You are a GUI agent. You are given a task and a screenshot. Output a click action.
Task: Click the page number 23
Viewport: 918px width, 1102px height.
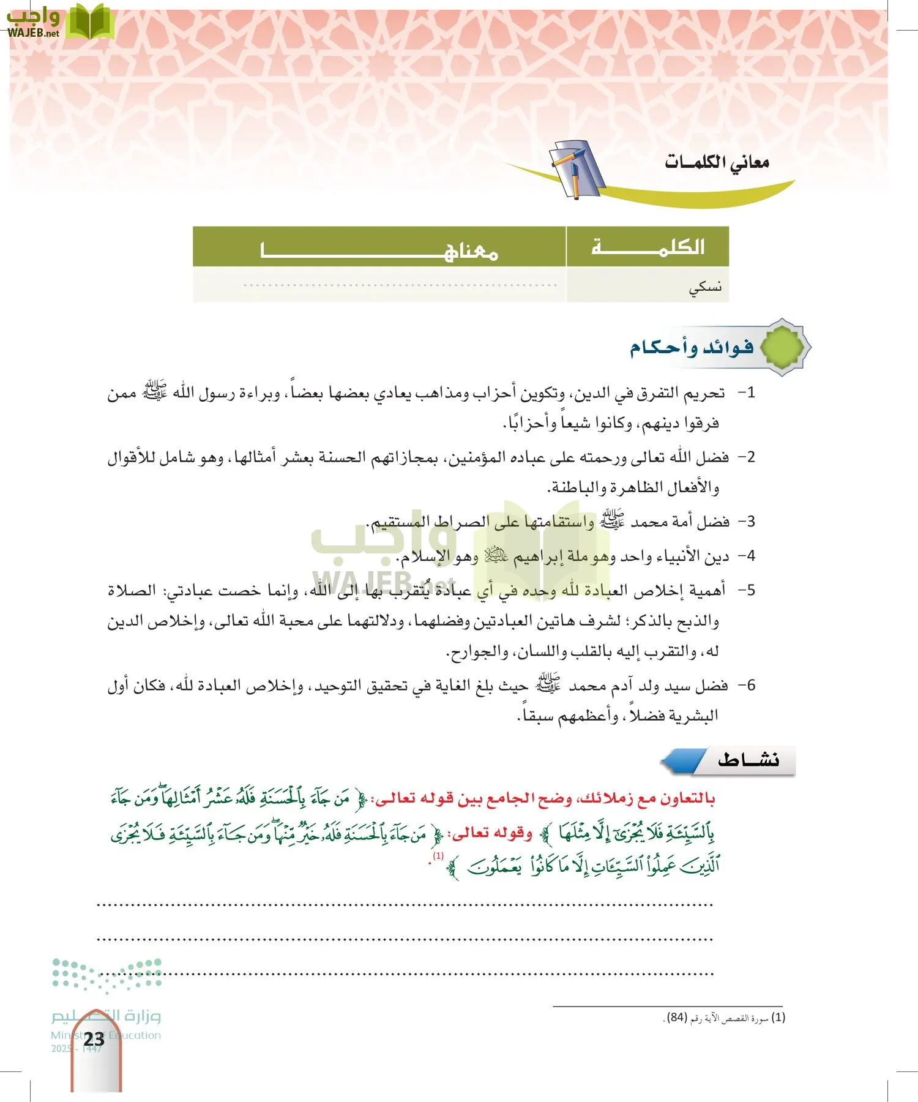pyautogui.click(x=94, y=1039)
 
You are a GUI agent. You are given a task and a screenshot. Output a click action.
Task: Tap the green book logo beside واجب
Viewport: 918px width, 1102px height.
pyautogui.click(x=91, y=23)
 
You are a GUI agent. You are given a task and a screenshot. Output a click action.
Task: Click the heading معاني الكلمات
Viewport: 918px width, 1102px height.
pyautogui.click(x=717, y=162)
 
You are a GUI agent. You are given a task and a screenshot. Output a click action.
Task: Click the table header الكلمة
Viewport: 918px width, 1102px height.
pyautogui.click(x=648, y=247)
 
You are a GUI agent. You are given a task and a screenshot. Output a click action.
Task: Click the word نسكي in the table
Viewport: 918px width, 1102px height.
pyautogui.click(x=705, y=286)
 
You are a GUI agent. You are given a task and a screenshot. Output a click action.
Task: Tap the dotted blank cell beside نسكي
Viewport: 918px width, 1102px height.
pyautogui.click(x=400, y=285)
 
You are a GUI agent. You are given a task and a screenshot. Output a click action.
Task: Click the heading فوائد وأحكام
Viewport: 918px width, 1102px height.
pyautogui.click(x=692, y=347)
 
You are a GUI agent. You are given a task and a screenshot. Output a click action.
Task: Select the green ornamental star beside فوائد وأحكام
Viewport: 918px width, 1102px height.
pyautogui.click(x=783, y=347)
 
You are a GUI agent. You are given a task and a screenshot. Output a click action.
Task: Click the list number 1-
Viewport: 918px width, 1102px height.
pyautogui.click(x=747, y=392)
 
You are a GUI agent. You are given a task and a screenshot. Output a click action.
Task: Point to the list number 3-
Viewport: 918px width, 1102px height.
pyautogui.click(x=747, y=522)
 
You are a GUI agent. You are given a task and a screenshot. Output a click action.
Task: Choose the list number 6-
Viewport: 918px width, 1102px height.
pyautogui.click(x=747, y=685)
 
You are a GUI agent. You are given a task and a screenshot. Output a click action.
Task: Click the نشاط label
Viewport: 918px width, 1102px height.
pyautogui.click(x=748, y=760)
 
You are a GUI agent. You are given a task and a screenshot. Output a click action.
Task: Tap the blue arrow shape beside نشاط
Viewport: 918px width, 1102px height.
pyautogui.click(x=683, y=761)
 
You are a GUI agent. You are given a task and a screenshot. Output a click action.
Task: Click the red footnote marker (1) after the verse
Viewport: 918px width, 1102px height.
pyautogui.click(x=438, y=855)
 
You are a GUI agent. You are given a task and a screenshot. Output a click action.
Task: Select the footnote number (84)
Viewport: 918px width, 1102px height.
pyautogui.click(x=677, y=1018)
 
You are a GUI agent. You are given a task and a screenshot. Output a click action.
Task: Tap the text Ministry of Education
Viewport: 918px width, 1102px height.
pyautogui.click(x=106, y=1035)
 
